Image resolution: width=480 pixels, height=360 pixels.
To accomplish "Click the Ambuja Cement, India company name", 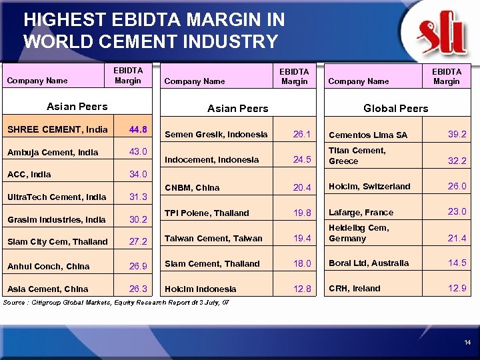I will (53, 152).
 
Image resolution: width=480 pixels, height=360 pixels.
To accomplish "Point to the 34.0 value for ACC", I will (138, 175).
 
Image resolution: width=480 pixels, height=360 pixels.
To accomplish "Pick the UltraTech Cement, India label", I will (57, 197).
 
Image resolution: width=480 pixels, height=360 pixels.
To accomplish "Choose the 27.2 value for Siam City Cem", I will (138, 241).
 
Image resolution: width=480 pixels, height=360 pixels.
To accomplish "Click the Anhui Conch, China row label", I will (48, 266).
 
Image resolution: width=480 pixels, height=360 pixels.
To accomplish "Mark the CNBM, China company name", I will (191, 188).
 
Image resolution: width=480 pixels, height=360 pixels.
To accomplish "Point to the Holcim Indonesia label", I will (200, 289).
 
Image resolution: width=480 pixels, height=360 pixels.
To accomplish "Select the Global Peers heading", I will (395, 108).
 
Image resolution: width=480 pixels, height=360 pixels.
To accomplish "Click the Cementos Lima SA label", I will (367, 135).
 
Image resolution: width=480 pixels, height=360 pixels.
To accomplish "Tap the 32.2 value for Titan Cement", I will (457, 161).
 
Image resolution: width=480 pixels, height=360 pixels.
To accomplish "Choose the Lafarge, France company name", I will (361, 213).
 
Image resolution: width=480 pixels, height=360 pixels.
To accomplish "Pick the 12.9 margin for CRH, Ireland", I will (457, 289).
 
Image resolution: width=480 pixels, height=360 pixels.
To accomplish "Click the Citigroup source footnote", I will (117, 302).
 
